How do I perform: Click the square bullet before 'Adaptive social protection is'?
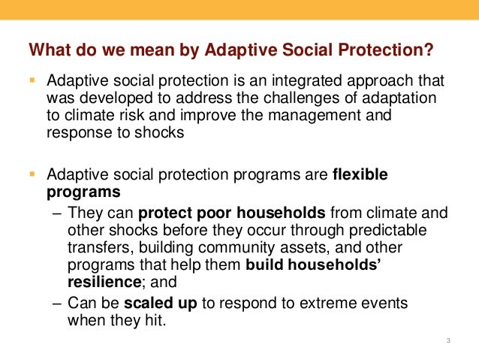click(x=32, y=80)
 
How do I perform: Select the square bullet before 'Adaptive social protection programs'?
click(x=32, y=174)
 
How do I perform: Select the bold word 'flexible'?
click(x=360, y=175)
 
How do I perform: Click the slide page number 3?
click(x=447, y=343)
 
